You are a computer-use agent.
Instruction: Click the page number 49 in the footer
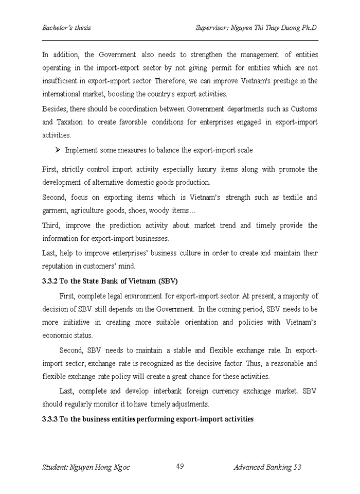pyautogui.click(x=180, y=466)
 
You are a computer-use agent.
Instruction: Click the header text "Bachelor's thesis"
pyautogui.click(x=66, y=27)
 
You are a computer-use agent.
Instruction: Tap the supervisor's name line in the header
pyautogui.click(x=256, y=27)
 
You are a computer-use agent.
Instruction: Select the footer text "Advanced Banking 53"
pyautogui.click(x=267, y=467)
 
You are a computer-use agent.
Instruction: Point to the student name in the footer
pyautogui.click(x=86, y=467)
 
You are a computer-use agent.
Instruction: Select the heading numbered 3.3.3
pyautogui.click(x=148, y=419)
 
